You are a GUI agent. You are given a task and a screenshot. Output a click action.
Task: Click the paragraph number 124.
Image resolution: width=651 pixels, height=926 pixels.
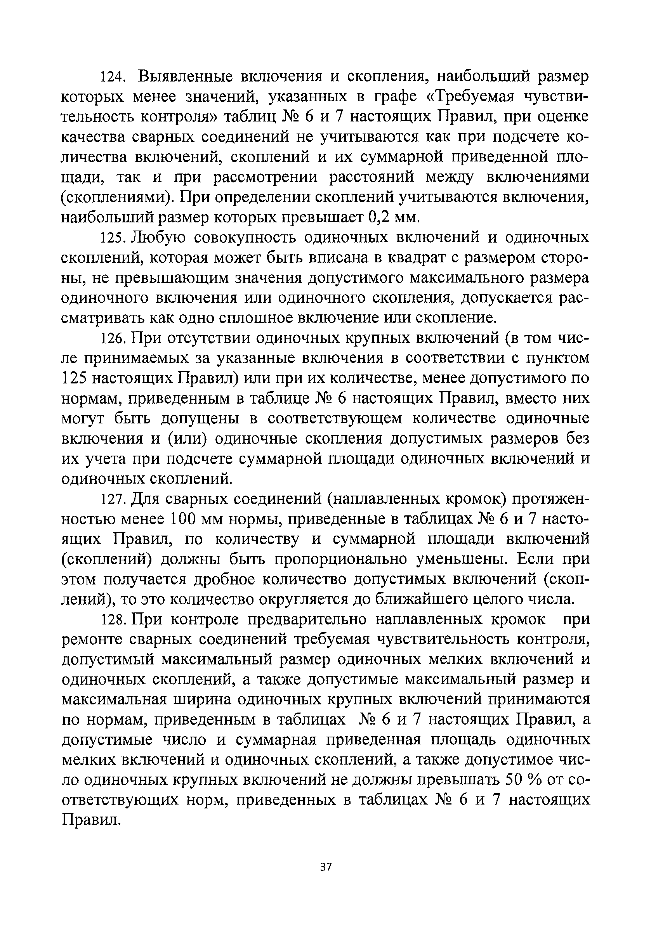114,76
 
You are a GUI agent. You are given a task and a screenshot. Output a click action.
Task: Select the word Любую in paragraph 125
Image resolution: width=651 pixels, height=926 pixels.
159,238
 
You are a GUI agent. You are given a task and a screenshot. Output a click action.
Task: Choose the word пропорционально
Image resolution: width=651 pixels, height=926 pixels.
345,560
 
